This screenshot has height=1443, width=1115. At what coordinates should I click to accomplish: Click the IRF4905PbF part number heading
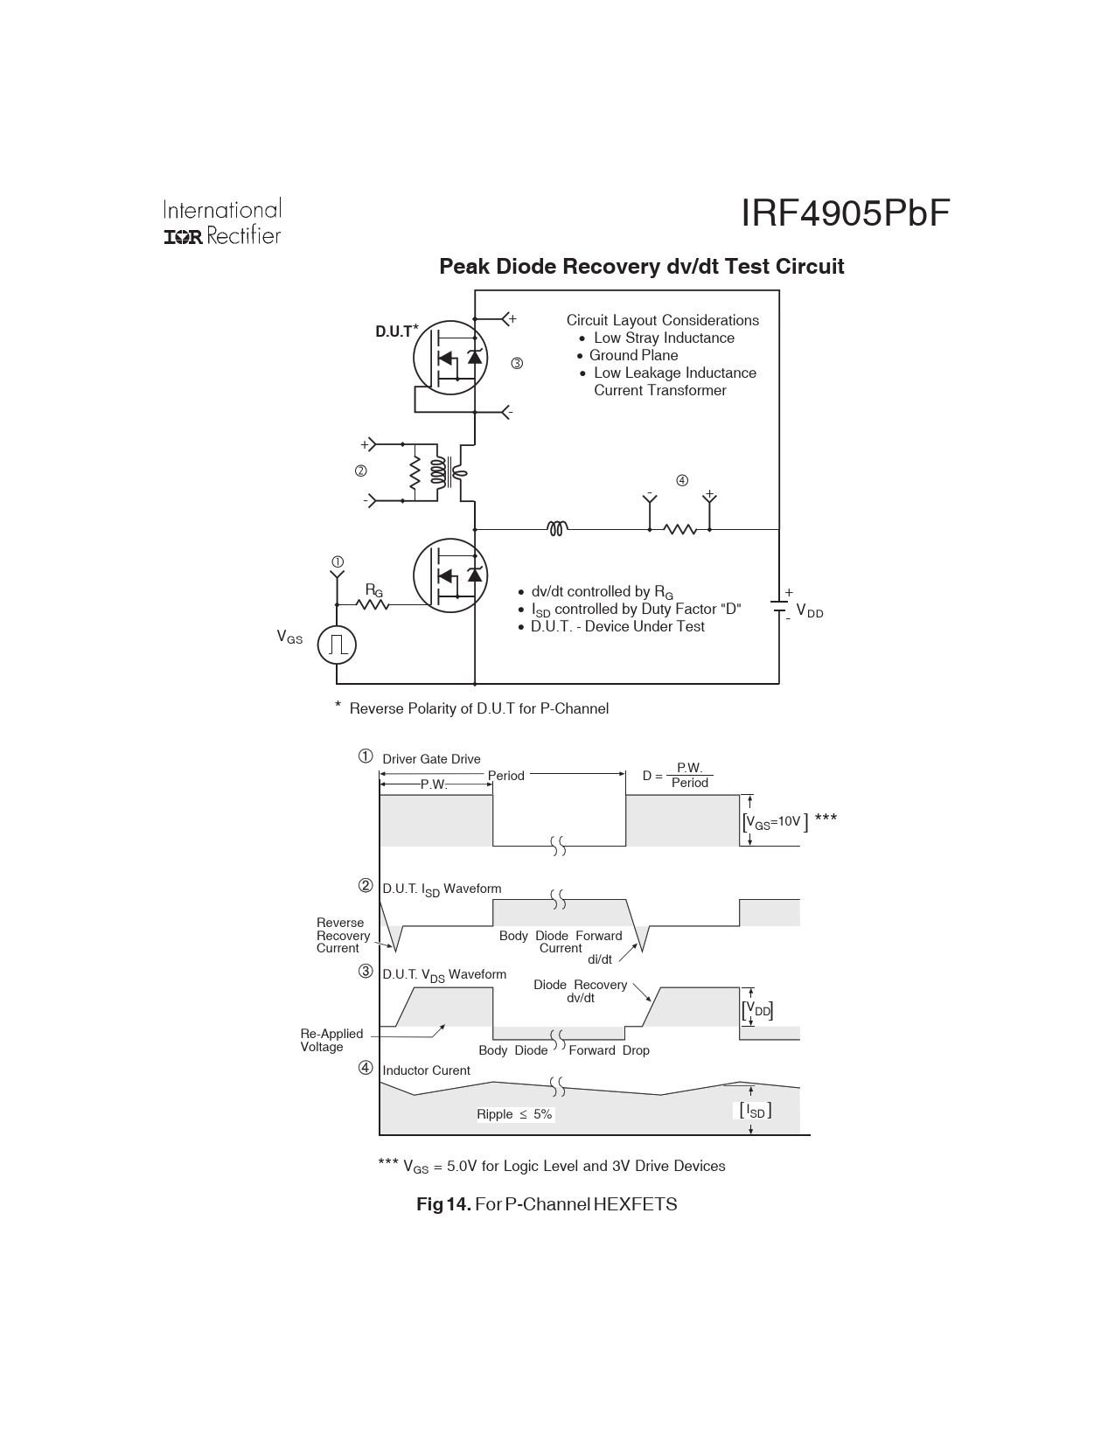845,213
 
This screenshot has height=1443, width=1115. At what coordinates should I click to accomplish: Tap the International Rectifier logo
222,222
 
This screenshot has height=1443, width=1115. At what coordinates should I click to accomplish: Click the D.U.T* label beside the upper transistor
396,331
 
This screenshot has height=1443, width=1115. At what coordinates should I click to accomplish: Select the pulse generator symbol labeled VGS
337,645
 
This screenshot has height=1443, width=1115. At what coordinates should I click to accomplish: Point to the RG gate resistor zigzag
373,603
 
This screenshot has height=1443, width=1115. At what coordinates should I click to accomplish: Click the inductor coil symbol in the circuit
557,528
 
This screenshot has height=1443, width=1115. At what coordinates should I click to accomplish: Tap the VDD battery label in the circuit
810,612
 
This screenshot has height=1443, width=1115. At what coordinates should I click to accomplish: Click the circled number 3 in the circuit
517,363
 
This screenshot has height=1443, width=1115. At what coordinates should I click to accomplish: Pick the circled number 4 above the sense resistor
682,480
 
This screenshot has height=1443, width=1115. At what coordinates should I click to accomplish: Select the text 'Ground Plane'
633,355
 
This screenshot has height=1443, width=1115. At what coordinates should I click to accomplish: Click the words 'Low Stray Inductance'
664,338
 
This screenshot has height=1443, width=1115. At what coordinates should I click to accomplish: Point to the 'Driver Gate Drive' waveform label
431,759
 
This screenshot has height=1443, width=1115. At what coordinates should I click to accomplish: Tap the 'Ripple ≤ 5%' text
514,1114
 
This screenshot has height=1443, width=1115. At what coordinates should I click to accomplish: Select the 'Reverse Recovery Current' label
342,935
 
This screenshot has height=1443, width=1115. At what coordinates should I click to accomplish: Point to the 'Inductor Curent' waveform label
426,1070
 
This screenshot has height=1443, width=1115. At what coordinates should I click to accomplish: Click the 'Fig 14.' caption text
443,1204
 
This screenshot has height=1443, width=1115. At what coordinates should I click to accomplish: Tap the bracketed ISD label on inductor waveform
756,1111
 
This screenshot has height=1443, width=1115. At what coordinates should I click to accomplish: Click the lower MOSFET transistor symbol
449,575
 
